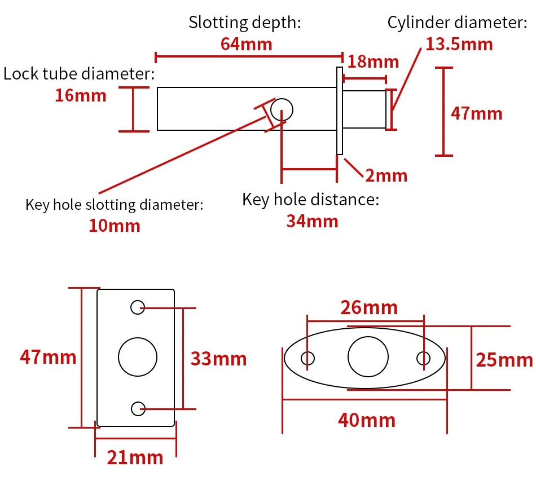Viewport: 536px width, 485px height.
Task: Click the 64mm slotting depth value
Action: pyautogui.click(x=247, y=43)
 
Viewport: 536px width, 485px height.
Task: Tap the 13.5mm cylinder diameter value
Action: pyautogui.click(x=459, y=43)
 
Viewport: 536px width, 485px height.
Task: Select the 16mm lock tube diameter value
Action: pyautogui.click(x=80, y=95)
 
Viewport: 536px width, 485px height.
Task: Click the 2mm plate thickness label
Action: pyautogui.click(x=386, y=175)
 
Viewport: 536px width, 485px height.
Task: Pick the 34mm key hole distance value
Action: pyautogui.click(x=312, y=221)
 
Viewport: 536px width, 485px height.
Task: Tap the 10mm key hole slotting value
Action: pyautogui.click(x=114, y=226)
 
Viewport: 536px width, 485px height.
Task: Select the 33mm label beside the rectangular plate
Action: pyautogui.click(x=218, y=359)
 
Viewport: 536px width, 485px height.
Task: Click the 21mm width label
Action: pyautogui.click(x=135, y=457)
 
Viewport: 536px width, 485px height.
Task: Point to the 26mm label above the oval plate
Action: pyautogui.click(x=368, y=308)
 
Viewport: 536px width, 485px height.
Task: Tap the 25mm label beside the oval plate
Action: pyautogui.click(x=504, y=359)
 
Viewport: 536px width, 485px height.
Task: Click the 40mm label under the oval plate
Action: pyautogui.click(x=367, y=420)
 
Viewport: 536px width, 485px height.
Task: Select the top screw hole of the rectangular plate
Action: pyautogui.click(x=137, y=307)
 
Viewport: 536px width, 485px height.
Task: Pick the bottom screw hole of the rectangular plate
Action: pyautogui.click(x=137, y=408)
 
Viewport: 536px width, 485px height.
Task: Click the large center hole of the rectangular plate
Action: pyautogui.click(x=137, y=357)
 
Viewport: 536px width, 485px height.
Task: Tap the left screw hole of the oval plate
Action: pyautogui.click(x=308, y=358)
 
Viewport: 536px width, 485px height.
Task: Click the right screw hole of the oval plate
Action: pyautogui.click(x=423, y=358)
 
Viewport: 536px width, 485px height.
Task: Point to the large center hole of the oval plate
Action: pyautogui.click(x=368, y=356)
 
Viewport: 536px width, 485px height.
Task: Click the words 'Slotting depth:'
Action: pyautogui.click(x=245, y=23)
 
